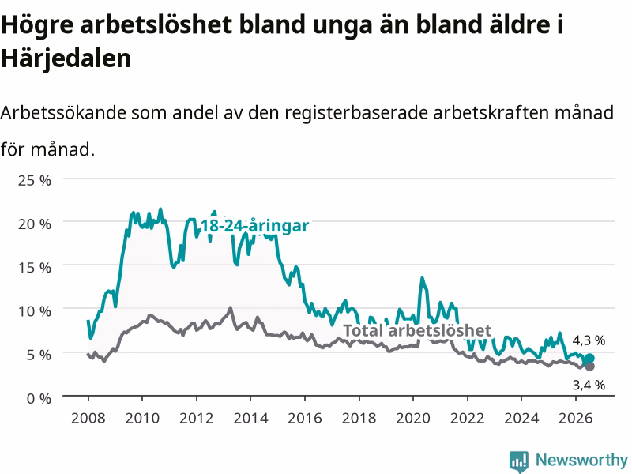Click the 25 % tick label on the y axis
35,180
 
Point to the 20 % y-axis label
35,224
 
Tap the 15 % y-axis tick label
35,267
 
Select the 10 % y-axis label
35,311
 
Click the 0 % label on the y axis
39,399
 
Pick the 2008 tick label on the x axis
88,418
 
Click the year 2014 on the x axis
250,418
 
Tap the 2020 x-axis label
413,418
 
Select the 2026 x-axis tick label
576,418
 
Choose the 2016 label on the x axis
305,418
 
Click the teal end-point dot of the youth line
589,359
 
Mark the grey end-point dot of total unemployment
589,367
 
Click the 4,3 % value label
589,340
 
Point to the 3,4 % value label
589,386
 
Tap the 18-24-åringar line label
254,226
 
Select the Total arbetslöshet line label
417,330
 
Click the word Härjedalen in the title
66,58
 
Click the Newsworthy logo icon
519,461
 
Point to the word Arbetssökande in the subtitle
63,112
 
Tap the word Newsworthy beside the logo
581,460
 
